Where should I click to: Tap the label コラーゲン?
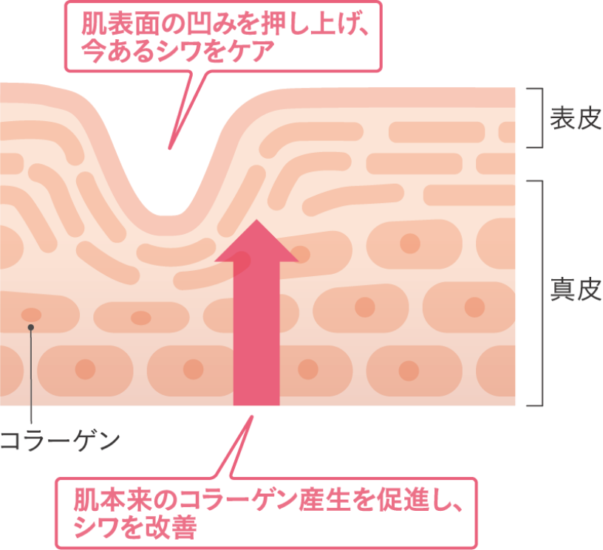point(59,441)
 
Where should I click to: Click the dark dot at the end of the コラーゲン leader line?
point(31,326)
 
